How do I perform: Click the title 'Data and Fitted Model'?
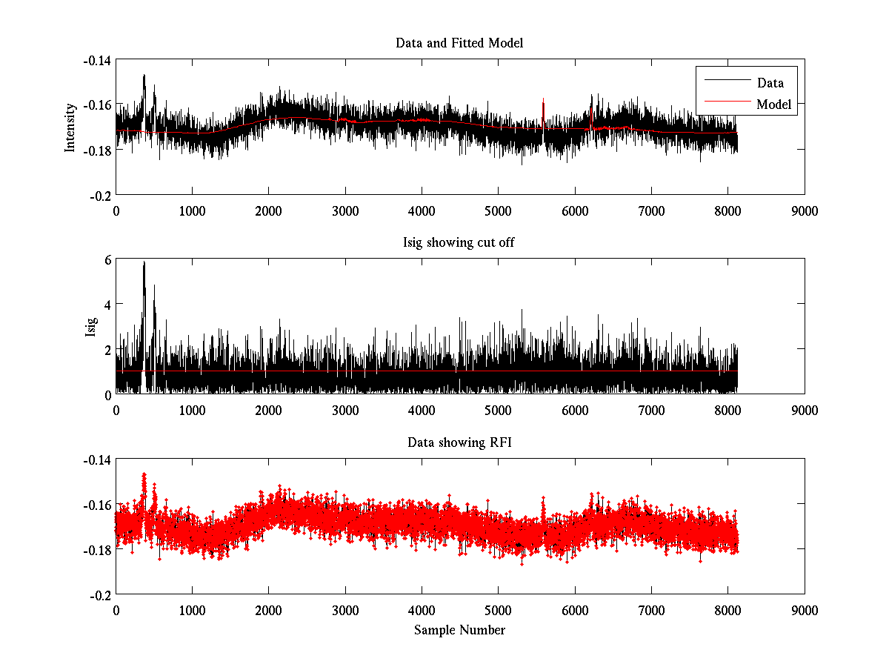[459, 43]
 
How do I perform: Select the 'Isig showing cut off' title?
[459, 243]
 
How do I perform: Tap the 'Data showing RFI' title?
[459, 442]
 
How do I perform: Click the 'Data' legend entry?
[770, 83]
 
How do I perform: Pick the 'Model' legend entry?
[773, 104]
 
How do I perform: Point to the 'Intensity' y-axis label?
[70, 127]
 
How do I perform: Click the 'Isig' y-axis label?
[92, 326]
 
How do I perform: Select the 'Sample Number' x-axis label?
[459, 630]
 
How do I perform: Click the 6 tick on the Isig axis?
[107, 259]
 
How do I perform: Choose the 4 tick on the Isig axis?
[107, 304]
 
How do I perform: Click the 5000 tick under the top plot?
[498, 210]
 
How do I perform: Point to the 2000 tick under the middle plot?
[268, 410]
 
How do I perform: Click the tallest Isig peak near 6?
[144, 263]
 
